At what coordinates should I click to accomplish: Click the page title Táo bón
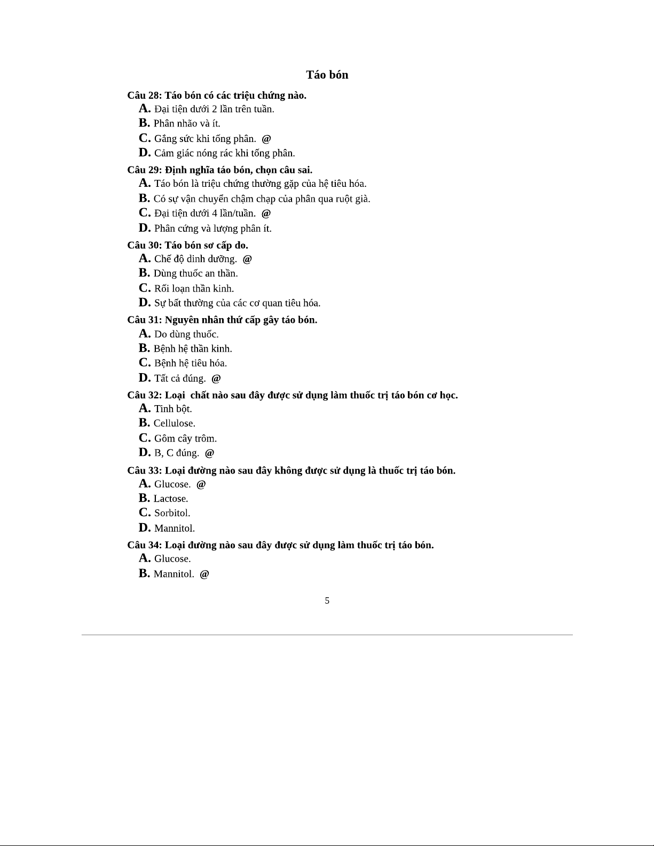point(327,75)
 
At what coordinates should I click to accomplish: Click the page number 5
point(327,601)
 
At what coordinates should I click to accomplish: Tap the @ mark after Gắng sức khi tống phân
point(266,139)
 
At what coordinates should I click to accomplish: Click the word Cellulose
point(174,423)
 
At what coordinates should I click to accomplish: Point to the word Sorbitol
point(172,513)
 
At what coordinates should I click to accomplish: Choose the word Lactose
point(171,499)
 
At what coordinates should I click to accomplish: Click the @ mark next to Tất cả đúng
point(216,378)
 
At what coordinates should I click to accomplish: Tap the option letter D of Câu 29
point(144,228)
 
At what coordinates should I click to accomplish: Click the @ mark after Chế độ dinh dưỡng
point(247,259)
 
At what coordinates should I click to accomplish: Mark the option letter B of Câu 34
point(144,573)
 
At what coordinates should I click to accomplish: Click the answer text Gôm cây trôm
point(185,439)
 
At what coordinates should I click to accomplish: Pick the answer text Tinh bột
point(173,409)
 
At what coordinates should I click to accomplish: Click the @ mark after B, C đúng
point(209,453)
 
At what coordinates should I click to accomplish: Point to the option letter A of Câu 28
point(144,108)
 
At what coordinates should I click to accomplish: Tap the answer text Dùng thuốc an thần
point(195,273)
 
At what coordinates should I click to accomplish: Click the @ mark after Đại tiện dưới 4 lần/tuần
point(266,214)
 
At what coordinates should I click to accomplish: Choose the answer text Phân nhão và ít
point(187,123)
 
